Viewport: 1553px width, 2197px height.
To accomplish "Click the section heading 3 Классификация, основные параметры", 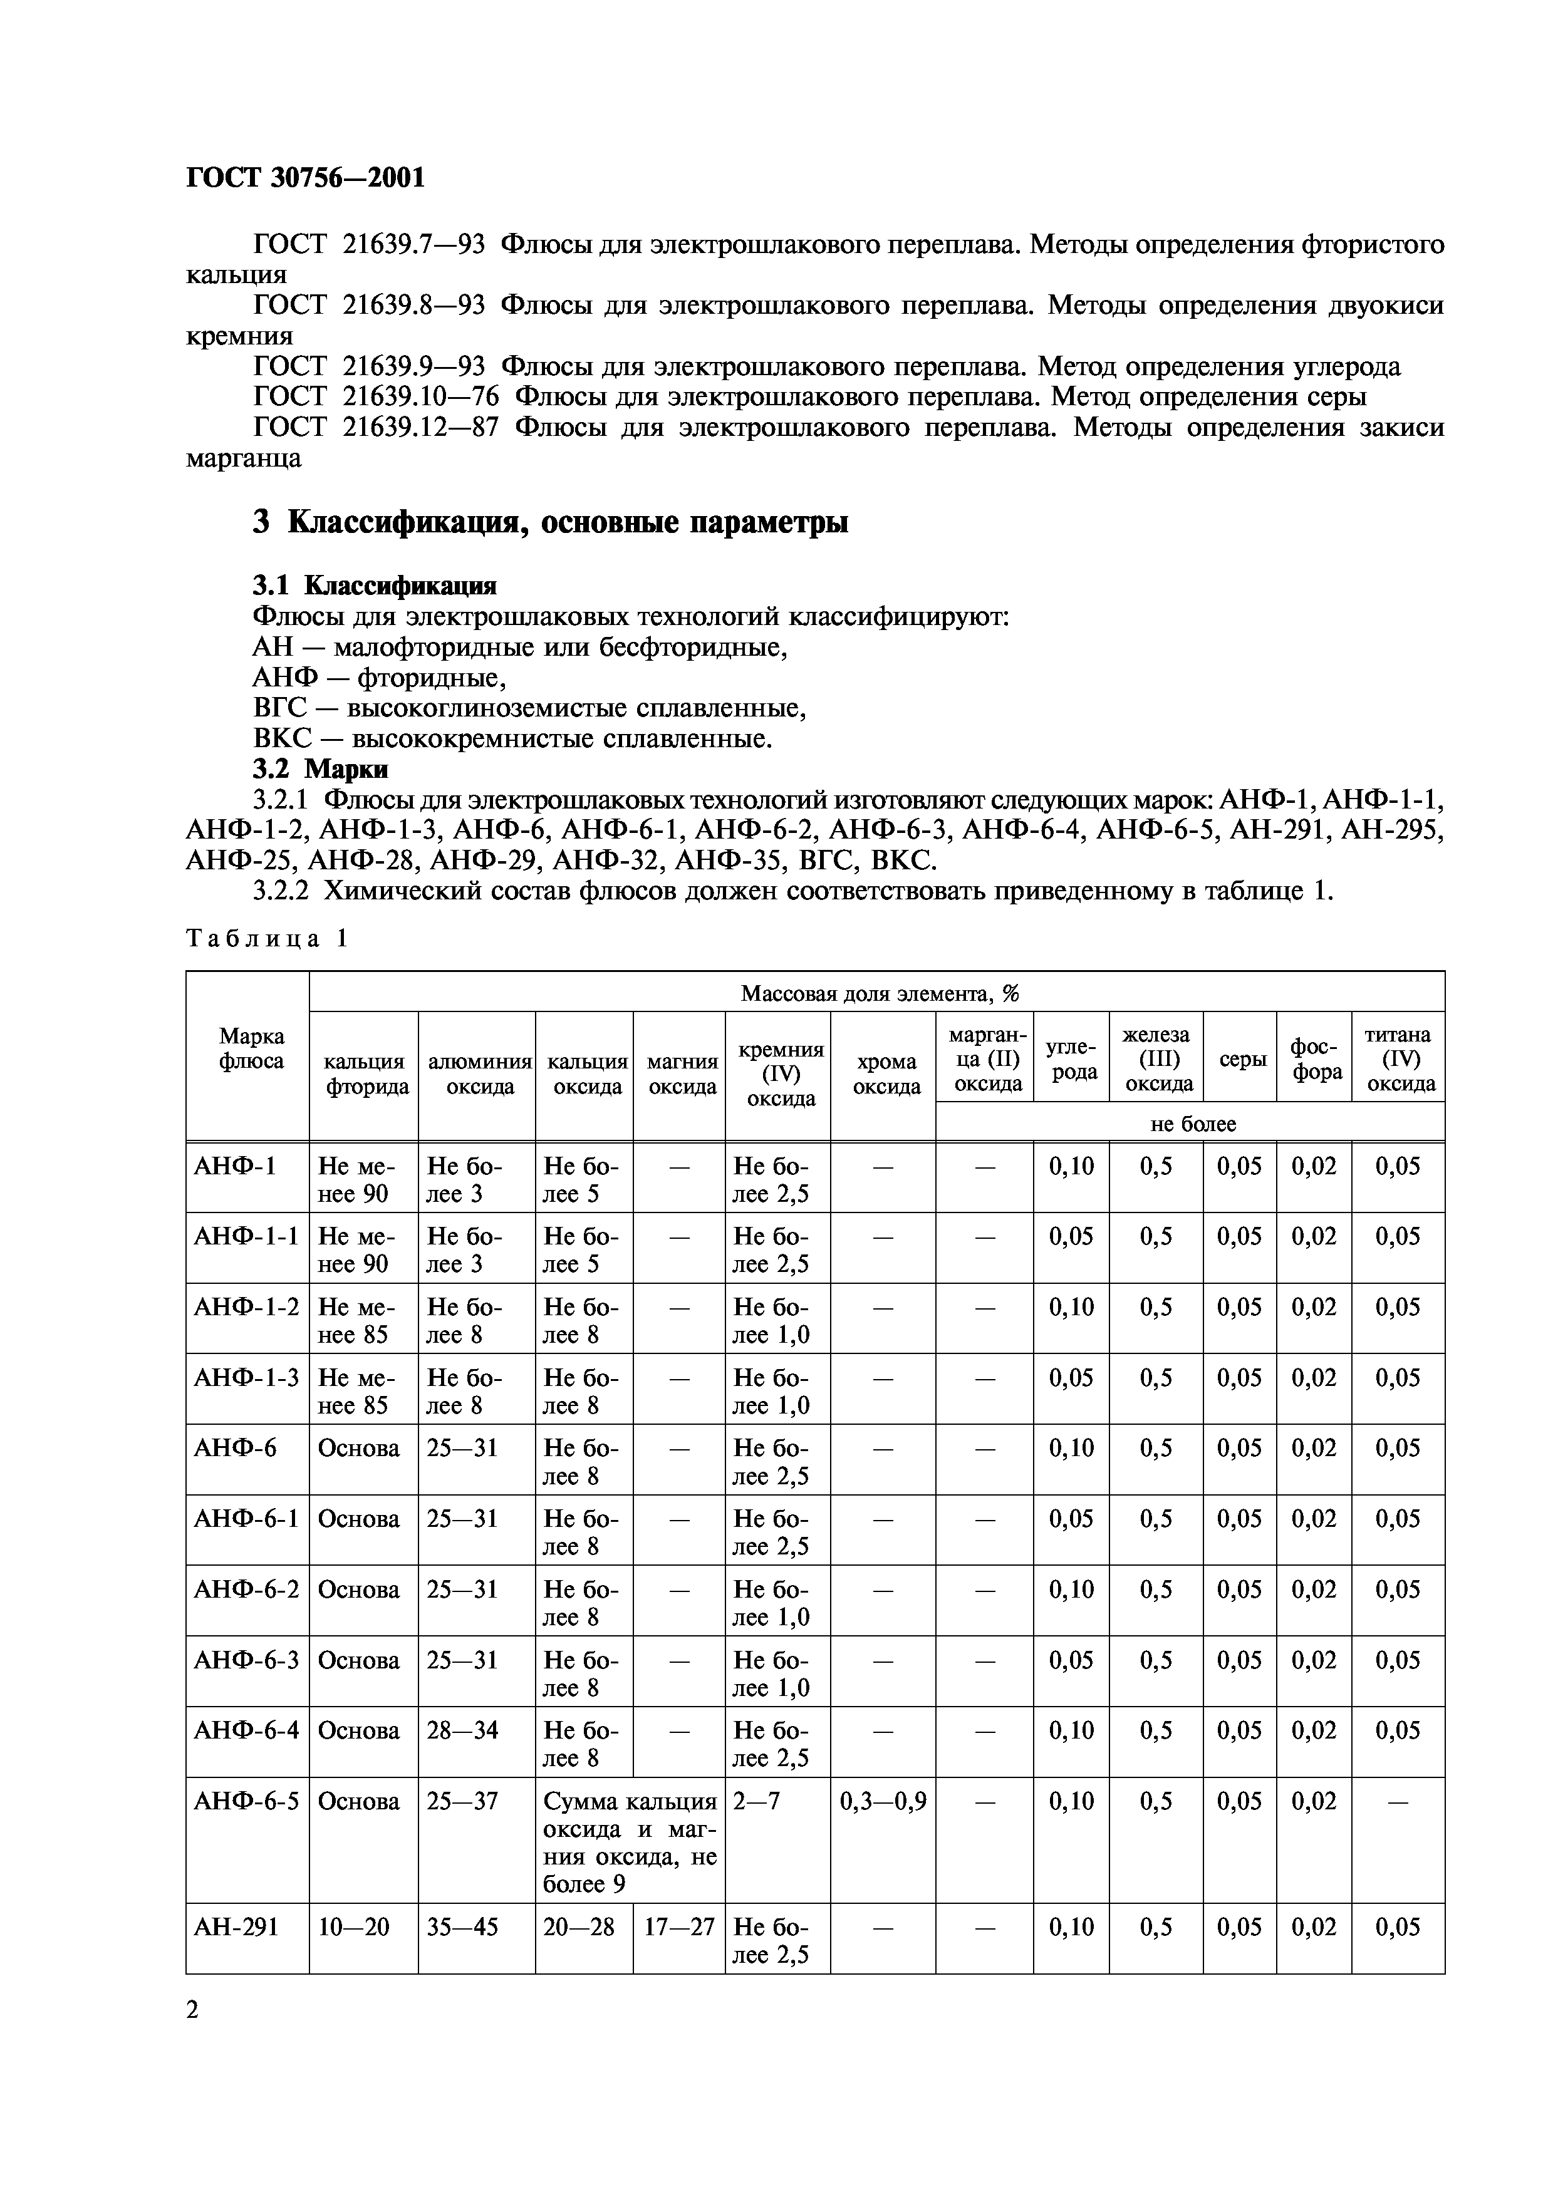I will [x=550, y=522].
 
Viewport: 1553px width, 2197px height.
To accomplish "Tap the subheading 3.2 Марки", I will [x=321, y=768].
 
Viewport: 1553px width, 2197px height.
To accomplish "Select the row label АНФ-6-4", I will [x=246, y=1729].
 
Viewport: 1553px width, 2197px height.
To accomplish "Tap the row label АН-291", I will [x=236, y=1926].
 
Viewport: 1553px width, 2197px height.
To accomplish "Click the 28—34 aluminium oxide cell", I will [x=462, y=1729].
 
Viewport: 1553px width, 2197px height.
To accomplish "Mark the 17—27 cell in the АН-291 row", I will [x=678, y=1926].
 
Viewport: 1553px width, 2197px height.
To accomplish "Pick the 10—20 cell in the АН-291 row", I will [x=354, y=1926].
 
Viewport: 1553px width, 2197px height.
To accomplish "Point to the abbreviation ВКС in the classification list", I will [x=281, y=739].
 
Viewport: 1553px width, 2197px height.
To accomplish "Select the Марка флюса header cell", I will [x=251, y=1049].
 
